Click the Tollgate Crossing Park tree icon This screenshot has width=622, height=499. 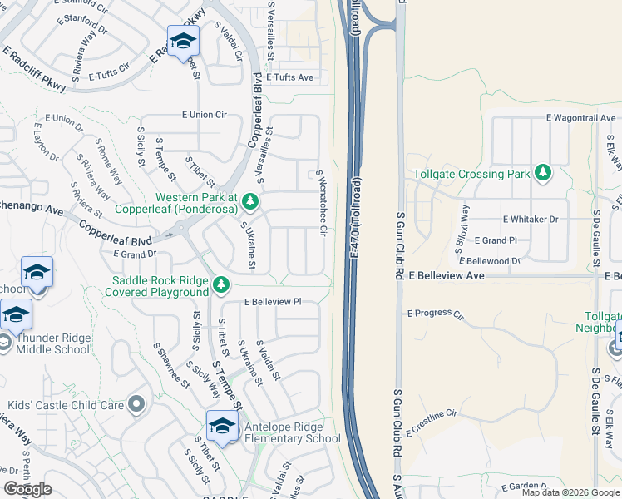click(543, 172)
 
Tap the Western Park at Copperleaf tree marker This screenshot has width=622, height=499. click(249, 201)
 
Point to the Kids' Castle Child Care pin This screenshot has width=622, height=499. click(136, 405)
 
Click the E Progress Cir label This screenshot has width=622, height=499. click(434, 314)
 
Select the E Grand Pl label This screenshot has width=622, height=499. click(496, 240)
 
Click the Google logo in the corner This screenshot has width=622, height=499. click(27, 489)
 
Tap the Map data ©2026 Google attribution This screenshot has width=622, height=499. click(570, 492)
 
